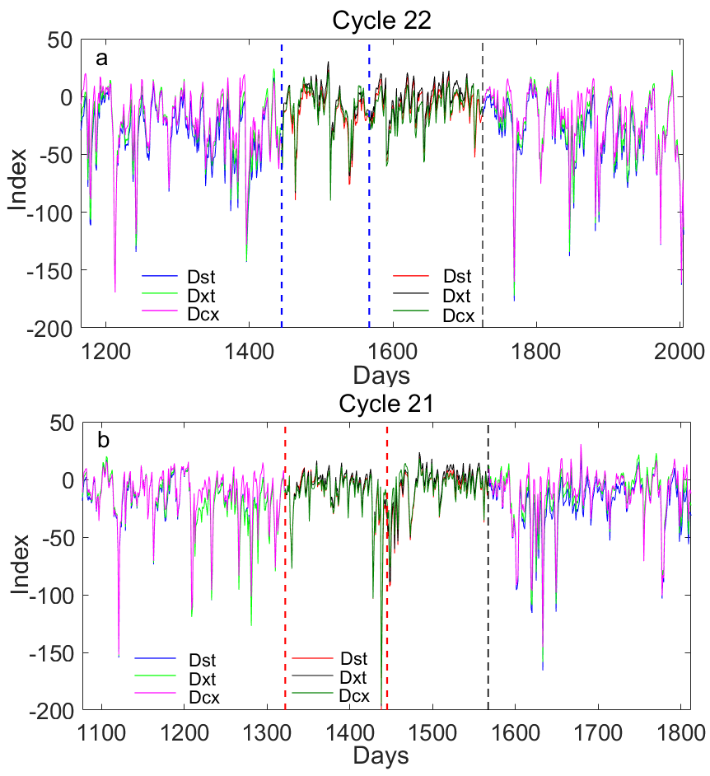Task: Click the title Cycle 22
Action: point(381,21)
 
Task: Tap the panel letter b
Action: point(103,441)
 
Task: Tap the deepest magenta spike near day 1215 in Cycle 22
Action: point(115,290)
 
